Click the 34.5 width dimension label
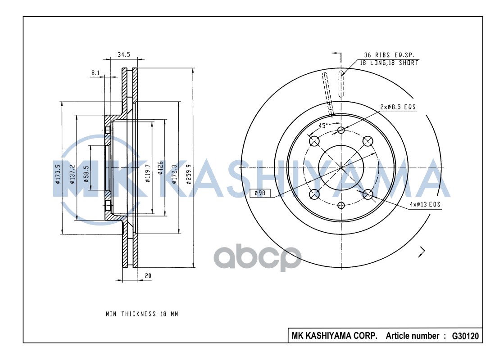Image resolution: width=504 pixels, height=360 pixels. [123, 54]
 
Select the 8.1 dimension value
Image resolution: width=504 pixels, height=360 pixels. [95, 72]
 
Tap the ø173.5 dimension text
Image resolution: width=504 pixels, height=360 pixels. [58, 175]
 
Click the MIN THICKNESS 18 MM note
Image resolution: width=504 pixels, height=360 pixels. [142, 314]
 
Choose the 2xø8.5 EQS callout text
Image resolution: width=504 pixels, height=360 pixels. [398, 107]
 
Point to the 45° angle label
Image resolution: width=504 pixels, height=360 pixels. [323, 126]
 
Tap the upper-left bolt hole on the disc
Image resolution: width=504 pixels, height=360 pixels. [314, 141]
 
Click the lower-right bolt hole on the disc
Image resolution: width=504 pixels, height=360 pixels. [368, 194]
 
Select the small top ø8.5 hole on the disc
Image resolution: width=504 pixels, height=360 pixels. [341, 130]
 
